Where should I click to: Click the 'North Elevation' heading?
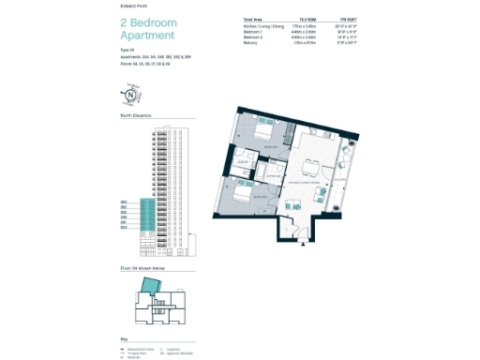tap(136, 116)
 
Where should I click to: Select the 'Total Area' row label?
tap(252, 19)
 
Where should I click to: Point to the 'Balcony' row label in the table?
tap(250, 42)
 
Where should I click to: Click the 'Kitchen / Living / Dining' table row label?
tap(263, 25)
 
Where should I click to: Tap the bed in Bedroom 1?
tap(265, 135)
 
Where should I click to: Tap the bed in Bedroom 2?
tap(241, 196)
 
